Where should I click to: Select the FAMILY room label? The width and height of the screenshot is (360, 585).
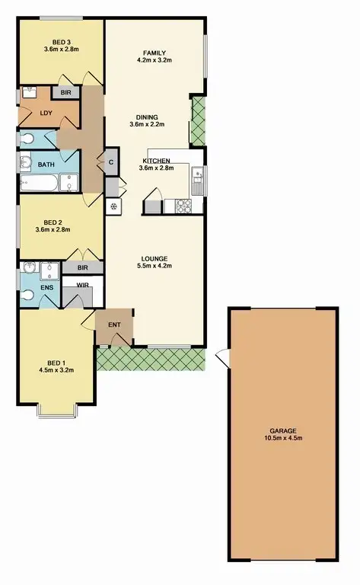pos(151,53)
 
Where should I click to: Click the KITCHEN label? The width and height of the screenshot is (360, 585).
pos(156,161)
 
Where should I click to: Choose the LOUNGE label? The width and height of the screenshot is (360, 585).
pos(153,258)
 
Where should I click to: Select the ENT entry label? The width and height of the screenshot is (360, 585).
pos(114,325)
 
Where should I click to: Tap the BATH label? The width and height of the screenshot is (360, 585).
pos(44,163)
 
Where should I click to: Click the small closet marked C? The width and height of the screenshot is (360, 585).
pos(111,161)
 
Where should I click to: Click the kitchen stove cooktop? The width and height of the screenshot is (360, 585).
pos(184,205)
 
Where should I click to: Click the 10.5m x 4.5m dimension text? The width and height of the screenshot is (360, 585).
pos(281,438)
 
